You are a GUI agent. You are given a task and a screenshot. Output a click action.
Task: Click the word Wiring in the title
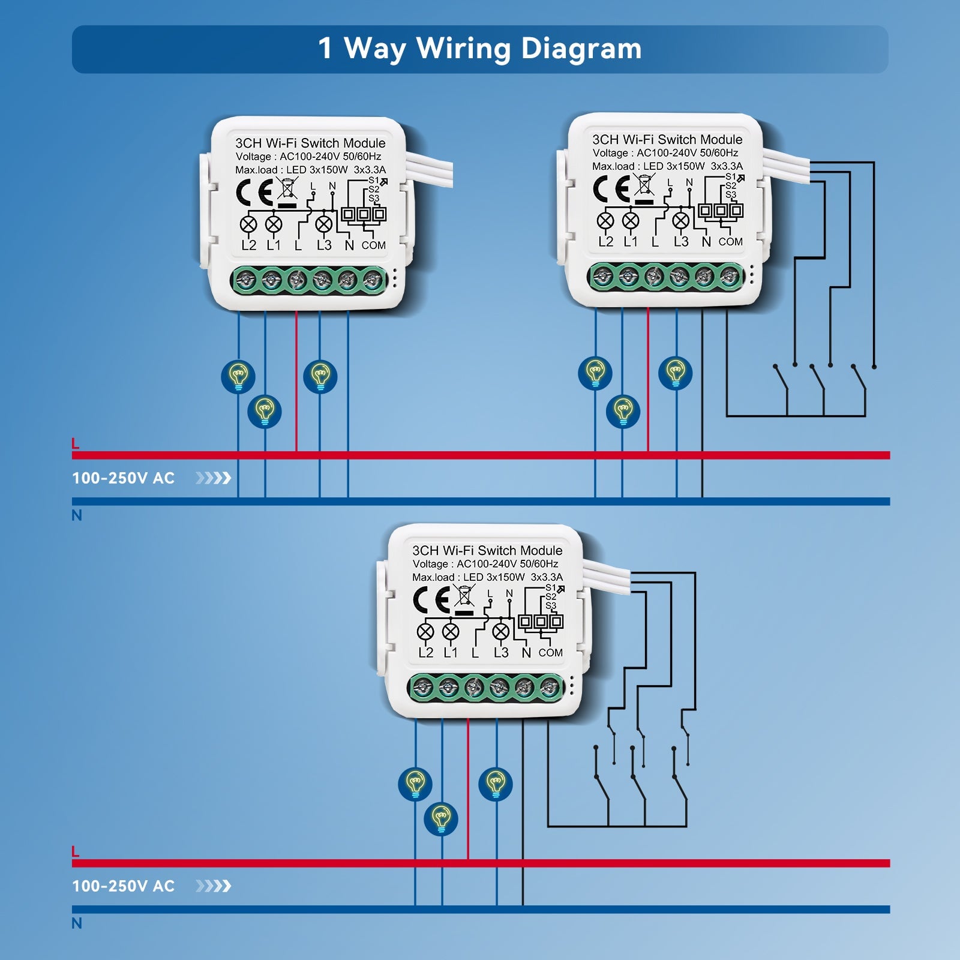tap(464, 49)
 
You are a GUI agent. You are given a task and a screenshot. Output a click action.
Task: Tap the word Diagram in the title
tap(581, 49)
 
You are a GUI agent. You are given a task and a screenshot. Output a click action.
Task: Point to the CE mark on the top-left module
tap(254, 193)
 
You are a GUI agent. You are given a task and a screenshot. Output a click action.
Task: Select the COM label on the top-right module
tap(730, 242)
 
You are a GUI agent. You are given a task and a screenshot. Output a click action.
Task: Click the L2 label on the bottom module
tap(425, 653)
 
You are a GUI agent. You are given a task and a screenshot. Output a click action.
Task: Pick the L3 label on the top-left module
tap(324, 245)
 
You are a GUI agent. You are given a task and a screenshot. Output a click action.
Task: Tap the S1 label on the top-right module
tap(730, 177)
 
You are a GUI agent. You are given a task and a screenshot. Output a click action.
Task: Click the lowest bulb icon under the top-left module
tap(265, 411)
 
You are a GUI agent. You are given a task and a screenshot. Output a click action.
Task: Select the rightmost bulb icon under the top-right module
tap(676, 373)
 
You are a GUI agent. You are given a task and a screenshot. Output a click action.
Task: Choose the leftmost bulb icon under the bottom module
tap(415, 784)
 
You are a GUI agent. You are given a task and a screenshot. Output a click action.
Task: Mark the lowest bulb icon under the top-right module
tap(623, 411)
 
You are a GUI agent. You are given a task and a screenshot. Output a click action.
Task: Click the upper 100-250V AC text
tap(123, 478)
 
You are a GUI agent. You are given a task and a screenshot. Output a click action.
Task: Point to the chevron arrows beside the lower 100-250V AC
tap(213, 886)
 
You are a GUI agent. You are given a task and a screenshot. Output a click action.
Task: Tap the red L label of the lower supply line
tap(76, 851)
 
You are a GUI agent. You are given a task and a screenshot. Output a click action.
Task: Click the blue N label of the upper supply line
tap(77, 515)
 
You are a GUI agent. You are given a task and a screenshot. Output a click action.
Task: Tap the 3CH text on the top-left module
tap(248, 143)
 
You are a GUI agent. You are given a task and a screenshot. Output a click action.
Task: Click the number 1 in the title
tap(325, 49)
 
